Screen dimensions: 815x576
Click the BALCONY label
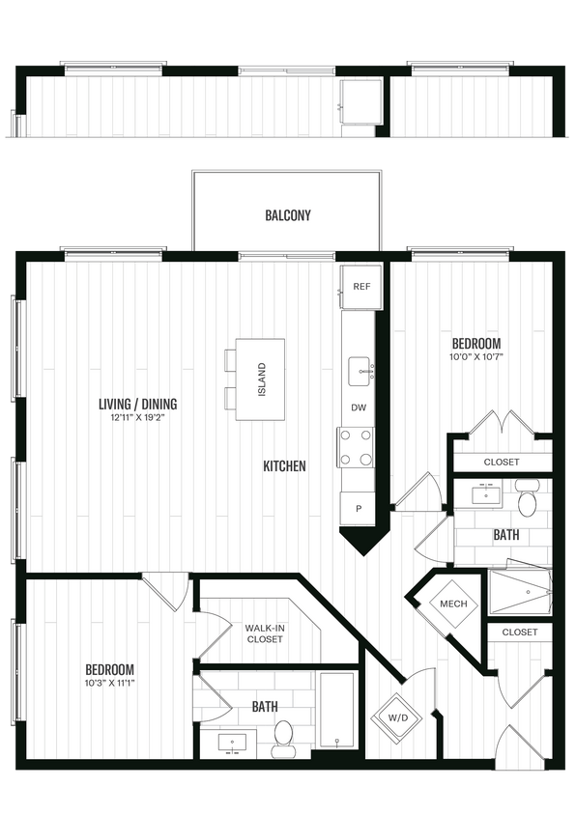tap(288, 215)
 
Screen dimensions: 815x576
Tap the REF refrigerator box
tap(361, 287)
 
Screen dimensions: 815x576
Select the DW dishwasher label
tap(358, 407)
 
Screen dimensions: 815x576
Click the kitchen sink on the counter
tap(363, 369)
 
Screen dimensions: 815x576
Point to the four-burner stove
tap(356, 447)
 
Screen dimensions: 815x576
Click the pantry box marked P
tap(358, 509)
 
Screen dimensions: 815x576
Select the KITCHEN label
tap(284, 466)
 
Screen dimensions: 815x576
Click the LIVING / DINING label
tap(137, 404)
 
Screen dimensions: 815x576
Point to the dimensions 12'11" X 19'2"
tap(137, 418)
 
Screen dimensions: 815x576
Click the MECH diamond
tap(453, 604)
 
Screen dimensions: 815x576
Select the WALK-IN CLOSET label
tap(264, 632)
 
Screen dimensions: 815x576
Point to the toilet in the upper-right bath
tap(527, 503)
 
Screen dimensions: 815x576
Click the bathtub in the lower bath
tap(338, 710)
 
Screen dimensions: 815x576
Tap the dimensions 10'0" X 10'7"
tap(477, 357)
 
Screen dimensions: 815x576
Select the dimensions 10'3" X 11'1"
tap(109, 684)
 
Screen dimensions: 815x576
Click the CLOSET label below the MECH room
tap(520, 632)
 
